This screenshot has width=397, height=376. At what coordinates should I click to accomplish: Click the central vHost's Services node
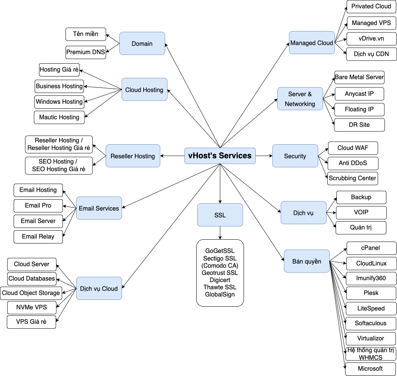click(x=220, y=156)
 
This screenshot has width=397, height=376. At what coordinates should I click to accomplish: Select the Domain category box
click(x=142, y=44)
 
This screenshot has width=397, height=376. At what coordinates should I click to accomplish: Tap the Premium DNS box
click(x=86, y=52)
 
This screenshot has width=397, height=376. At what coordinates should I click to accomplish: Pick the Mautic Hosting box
click(x=59, y=117)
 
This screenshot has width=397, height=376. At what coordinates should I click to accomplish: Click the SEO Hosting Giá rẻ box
click(x=59, y=165)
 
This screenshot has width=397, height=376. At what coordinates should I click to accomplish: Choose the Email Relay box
click(x=38, y=237)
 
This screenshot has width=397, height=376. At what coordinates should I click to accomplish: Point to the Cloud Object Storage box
click(x=31, y=293)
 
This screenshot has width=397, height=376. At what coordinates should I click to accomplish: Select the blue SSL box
click(x=220, y=215)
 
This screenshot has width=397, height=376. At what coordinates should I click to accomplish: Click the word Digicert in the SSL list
click(x=220, y=280)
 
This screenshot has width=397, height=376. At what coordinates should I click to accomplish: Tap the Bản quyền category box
click(x=306, y=261)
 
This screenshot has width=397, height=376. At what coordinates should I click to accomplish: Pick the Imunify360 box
click(x=371, y=278)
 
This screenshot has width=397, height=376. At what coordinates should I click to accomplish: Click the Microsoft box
click(x=370, y=369)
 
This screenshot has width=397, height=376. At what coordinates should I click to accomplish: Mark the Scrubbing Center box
click(x=352, y=178)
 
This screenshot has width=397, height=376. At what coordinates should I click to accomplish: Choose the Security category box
click(x=295, y=156)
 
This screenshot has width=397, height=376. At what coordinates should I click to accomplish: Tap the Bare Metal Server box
click(x=359, y=77)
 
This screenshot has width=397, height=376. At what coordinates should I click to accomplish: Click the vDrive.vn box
click(x=371, y=39)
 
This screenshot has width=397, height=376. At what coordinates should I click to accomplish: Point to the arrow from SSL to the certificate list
click(x=220, y=233)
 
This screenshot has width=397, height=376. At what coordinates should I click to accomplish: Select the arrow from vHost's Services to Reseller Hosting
click(x=172, y=156)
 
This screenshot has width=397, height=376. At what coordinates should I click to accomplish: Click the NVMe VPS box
click(x=31, y=307)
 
